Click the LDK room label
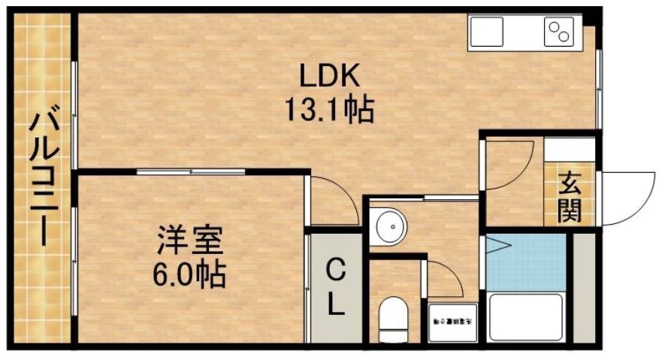(x=331, y=75)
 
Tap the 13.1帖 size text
(x=329, y=111)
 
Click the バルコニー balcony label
(x=40, y=178)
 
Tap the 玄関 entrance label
(x=570, y=196)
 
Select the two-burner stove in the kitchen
(x=559, y=32)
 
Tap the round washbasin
(x=388, y=225)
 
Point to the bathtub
(x=525, y=318)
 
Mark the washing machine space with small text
(x=452, y=322)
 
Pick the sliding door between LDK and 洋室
(x=192, y=172)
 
